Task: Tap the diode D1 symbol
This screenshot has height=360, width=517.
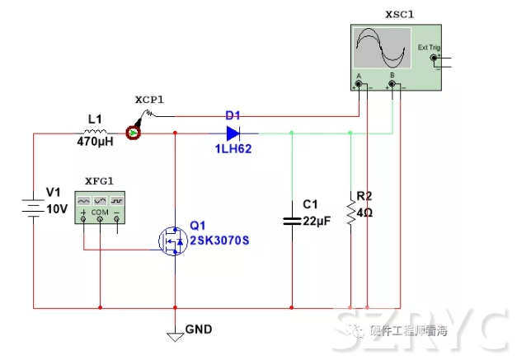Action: pos(233,132)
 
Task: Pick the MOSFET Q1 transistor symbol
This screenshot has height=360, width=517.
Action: pos(175,239)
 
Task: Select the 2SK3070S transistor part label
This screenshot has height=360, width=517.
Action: pos(221,241)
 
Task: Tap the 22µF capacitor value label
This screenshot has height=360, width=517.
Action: pos(316,220)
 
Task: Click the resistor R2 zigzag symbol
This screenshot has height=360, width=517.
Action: pos(351,214)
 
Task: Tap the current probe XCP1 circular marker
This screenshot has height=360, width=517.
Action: pos(132,132)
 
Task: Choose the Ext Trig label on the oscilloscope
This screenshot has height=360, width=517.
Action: pos(429,48)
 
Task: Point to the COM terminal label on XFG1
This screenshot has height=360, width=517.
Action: pos(100,213)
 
